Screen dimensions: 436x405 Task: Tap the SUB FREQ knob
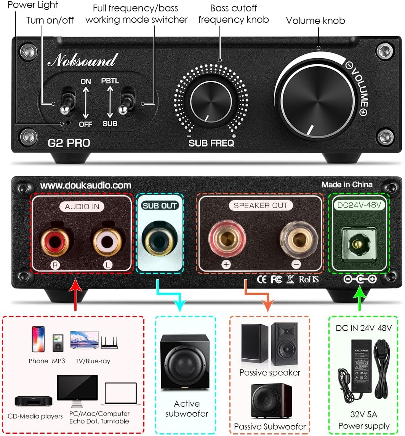point(211,102)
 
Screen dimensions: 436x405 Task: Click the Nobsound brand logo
point(82,61)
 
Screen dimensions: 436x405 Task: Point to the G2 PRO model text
point(69,143)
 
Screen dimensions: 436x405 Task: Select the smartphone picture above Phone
point(38,339)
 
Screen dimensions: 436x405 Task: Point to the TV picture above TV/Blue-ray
point(85,340)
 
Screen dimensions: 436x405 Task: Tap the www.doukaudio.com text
point(86,186)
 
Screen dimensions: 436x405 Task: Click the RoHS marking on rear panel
point(309,280)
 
